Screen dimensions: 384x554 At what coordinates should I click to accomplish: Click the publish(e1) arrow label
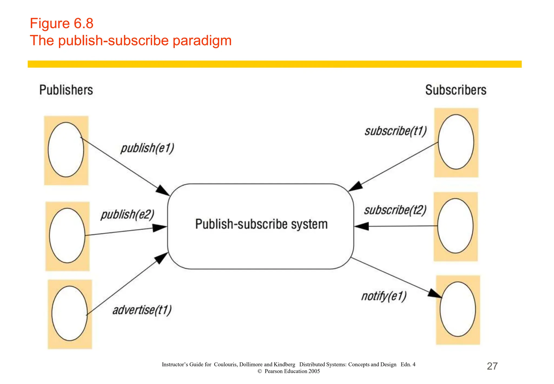(147, 148)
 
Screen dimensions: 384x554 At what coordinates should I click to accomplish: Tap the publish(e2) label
(127, 214)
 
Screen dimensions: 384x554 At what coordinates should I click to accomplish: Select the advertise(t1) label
(142, 310)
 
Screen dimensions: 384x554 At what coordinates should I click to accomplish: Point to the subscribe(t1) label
(396, 131)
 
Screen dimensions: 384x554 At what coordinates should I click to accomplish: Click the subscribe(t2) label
(395, 210)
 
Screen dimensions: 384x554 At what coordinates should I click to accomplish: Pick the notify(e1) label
(384, 296)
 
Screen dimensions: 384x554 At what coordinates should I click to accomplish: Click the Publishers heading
(66, 90)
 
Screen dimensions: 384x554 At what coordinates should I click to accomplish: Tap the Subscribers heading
(456, 90)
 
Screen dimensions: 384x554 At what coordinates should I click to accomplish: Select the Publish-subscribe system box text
(261, 224)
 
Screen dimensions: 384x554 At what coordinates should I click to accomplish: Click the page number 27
(492, 366)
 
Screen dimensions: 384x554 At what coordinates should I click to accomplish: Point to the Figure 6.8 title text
(62, 23)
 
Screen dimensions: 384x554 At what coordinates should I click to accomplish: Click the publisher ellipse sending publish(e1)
(66, 150)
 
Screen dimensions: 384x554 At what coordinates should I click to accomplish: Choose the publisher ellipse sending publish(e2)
(67, 235)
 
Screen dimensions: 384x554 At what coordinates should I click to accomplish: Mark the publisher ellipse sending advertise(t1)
(70, 313)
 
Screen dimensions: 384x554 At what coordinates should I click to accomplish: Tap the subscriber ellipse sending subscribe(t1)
(456, 142)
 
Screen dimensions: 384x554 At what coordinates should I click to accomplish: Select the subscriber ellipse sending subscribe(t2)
(456, 226)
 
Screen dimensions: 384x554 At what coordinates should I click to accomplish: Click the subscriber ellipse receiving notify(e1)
(458, 309)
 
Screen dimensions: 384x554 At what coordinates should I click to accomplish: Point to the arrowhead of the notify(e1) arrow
(435, 294)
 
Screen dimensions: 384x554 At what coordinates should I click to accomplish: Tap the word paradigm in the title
(202, 41)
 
